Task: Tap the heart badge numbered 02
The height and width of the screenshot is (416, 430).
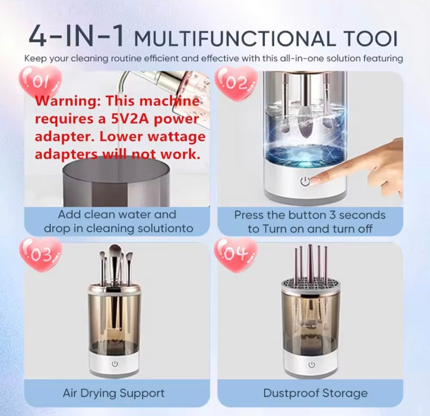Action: pyautogui.click(x=236, y=82)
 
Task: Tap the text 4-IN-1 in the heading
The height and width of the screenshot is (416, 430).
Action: pyautogui.click(x=76, y=37)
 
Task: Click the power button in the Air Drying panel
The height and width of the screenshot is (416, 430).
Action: pyautogui.click(x=115, y=364)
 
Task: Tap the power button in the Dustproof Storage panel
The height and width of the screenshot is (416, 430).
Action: pyautogui.click(x=312, y=365)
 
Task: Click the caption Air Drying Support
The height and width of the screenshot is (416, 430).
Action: pyautogui.click(x=114, y=393)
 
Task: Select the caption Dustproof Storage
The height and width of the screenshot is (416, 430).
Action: pyautogui.click(x=315, y=393)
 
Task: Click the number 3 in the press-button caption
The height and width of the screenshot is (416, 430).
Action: pyautogui.click(x=333, y=215)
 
